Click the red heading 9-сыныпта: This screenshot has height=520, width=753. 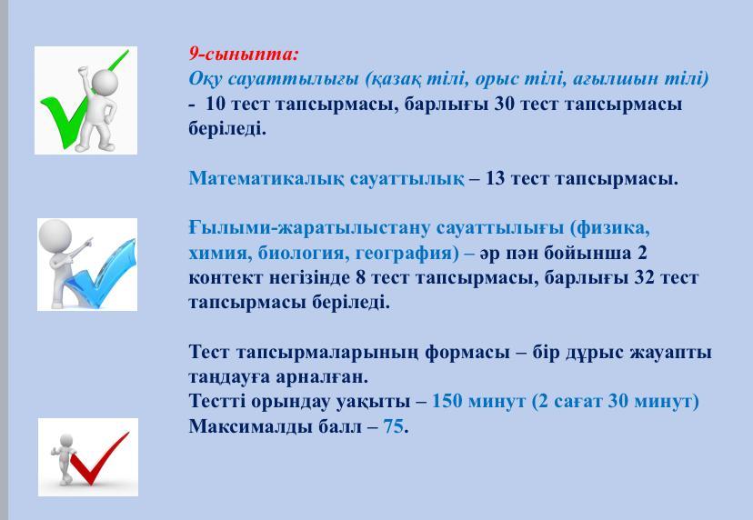244,54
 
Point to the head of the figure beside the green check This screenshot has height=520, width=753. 105,82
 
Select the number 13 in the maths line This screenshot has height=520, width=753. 495,178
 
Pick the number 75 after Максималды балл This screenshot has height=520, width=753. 393,426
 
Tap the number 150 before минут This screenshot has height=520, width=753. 447,402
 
